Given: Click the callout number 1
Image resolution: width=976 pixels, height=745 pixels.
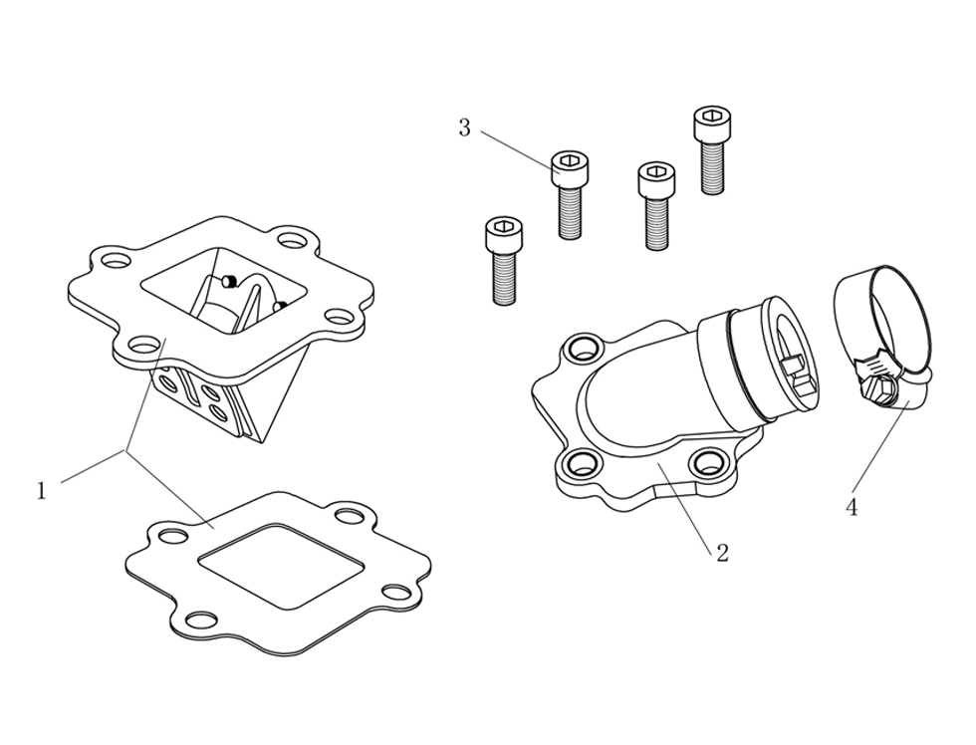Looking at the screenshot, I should point(41,491).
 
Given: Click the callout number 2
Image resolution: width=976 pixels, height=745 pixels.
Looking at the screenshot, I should point(723,553).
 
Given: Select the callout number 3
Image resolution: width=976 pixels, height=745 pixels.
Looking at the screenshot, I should point(464,128).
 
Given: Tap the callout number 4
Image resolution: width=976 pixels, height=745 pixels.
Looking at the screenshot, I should point(852,508).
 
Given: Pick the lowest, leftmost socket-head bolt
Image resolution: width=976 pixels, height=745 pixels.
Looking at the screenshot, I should point(503,261).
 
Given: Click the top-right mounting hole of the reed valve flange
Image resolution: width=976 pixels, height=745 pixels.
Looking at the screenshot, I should point(291,240).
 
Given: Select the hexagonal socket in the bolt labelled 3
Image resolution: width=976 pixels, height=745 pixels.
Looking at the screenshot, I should point(570,160).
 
